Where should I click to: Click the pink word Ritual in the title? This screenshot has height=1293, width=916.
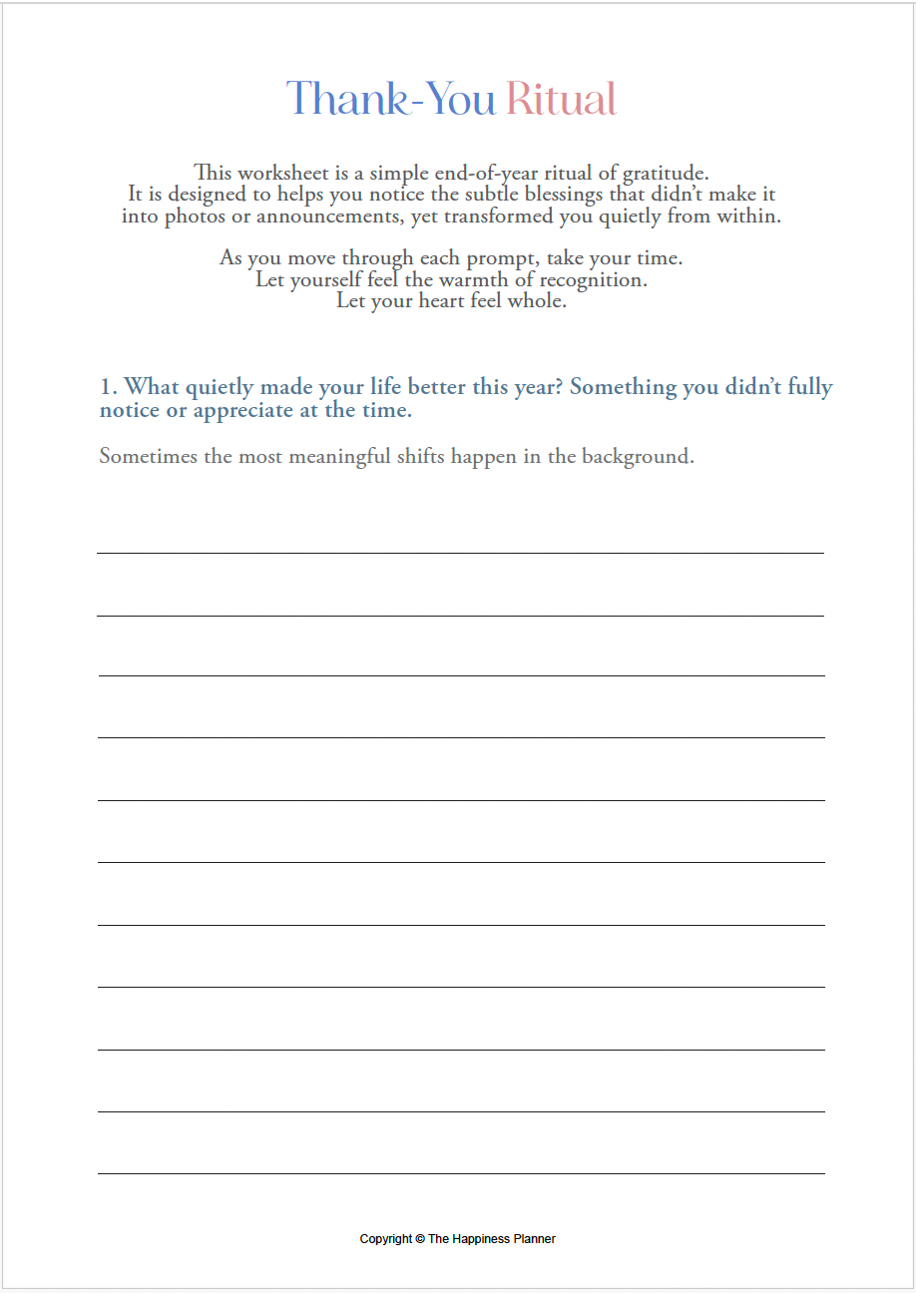(561, 100)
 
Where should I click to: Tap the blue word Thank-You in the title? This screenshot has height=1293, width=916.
(391, 100)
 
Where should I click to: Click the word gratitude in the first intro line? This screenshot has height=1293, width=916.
(664, 173)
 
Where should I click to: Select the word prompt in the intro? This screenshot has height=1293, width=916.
(504, 258)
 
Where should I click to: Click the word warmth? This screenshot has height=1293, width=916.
(473, 280)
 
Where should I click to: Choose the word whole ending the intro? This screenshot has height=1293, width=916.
(538, 301)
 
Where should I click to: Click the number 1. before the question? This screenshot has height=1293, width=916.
(109, 387)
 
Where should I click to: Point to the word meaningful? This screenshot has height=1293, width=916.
(337, 457)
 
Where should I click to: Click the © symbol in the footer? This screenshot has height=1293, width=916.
(420, 1239)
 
